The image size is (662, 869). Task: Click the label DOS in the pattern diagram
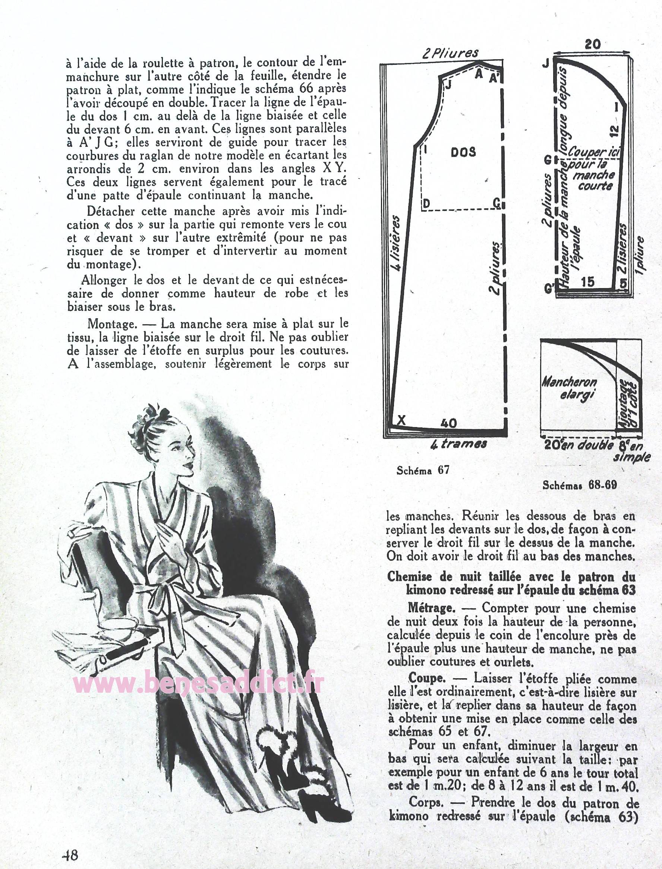(463, 152)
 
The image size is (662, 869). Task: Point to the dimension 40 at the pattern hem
(448, 423)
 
